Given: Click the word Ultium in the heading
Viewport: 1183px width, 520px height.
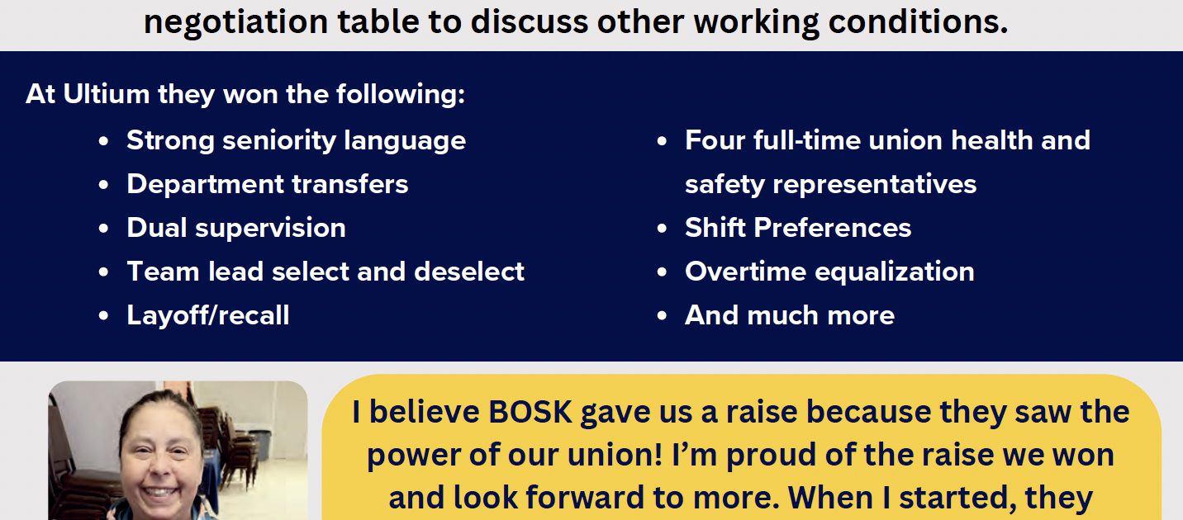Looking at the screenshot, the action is coord(106,94).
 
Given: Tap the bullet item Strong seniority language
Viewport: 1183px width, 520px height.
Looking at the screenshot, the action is coord(297,141).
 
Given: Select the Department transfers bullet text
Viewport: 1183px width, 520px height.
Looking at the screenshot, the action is coord(267,185).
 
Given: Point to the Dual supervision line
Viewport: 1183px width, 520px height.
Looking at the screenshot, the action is coord(236,229).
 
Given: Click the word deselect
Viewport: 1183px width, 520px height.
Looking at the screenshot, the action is coord(469,272).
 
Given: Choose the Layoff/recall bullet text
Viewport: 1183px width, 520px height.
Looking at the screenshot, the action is coord(208,315).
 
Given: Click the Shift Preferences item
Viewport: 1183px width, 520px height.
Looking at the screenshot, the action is coord(798,228).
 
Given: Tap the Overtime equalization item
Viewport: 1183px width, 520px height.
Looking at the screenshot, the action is coord(829,272).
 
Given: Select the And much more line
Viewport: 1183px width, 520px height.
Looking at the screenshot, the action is coord(790,315).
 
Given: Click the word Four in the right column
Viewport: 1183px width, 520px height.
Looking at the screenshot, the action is coord(715,140).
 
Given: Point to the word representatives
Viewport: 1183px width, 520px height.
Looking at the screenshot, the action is coord(875,185).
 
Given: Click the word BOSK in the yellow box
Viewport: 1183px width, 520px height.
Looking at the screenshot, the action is coord(530,412).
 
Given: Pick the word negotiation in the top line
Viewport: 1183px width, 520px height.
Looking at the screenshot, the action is coord(235,23).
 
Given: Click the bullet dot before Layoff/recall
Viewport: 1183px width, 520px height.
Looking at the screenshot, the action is coord(103,316).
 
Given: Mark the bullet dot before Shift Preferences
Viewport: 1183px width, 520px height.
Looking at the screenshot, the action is coord(662,229).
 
